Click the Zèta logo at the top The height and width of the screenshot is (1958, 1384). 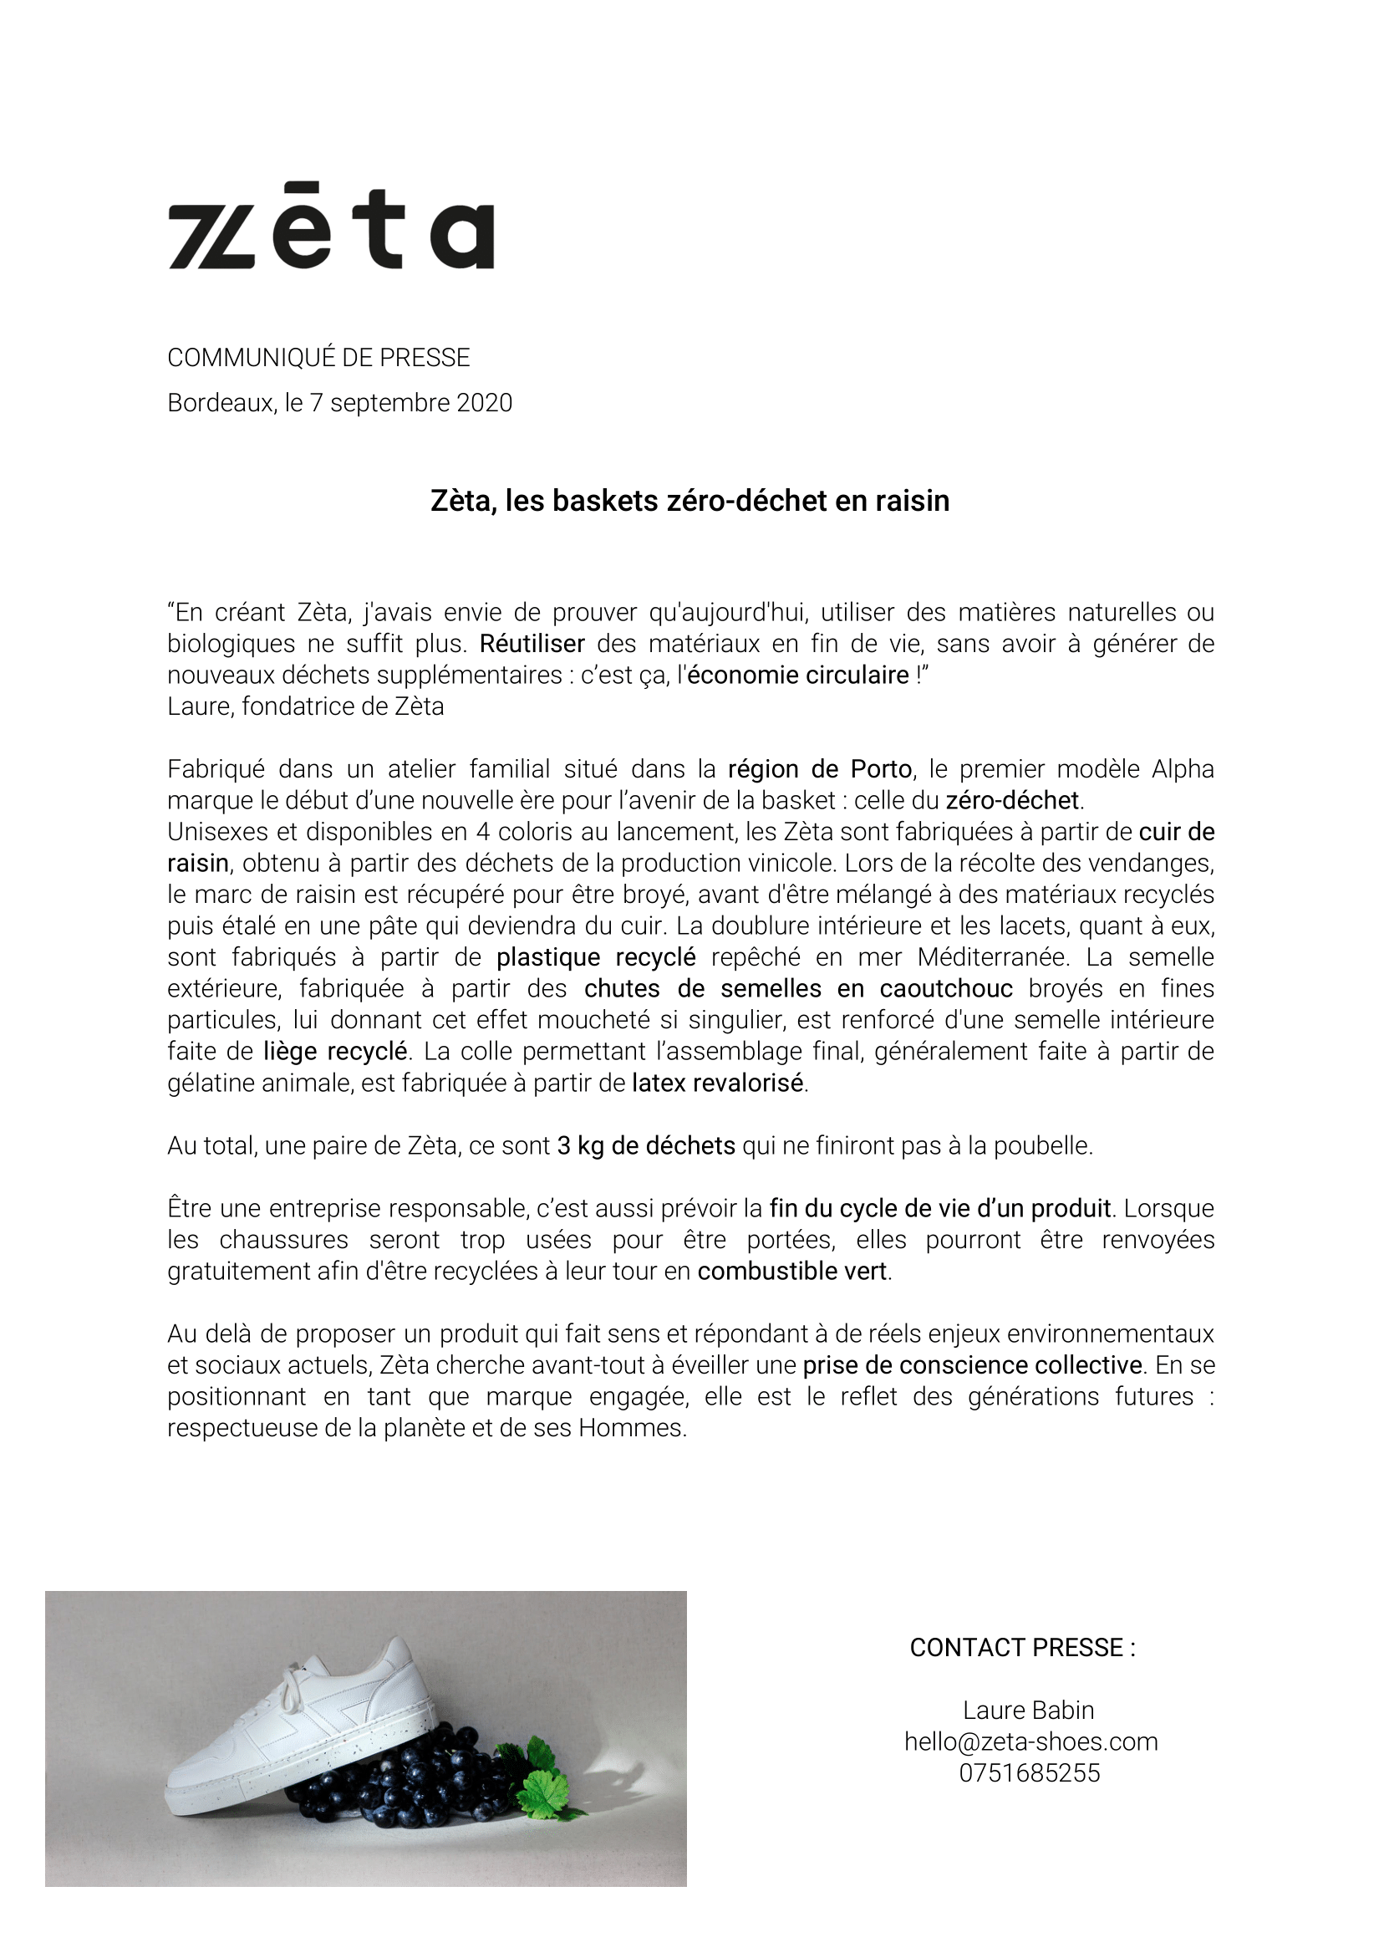click(x=331, y=227)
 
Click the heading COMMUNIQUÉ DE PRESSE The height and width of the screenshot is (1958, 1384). click(x=318, y=357)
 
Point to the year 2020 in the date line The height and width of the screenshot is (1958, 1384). click(x=485, y=402)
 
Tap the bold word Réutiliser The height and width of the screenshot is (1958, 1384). click(x=532, y=643)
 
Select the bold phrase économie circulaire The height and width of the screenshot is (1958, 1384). click(x=798, y=675)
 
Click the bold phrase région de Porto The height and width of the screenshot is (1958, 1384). click(x=820, y=769)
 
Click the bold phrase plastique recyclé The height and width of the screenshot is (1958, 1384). click(x=596, y=956)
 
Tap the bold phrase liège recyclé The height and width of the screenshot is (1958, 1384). click(x=334, y=1051)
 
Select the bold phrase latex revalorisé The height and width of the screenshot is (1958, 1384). click(x=717, y=1082)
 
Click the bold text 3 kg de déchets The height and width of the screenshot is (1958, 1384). click(x=645, y=1145)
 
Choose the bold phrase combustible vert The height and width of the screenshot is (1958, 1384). click(x=792, y=1271)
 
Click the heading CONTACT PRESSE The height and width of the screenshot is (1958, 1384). click(x=1022, y=1647)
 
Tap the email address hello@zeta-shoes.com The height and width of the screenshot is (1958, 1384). click(x=1031, y=1741)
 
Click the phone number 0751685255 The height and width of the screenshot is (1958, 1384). click(x=1030, y=1772)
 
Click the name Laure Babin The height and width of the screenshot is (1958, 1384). click(x=1029, y=1709)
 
